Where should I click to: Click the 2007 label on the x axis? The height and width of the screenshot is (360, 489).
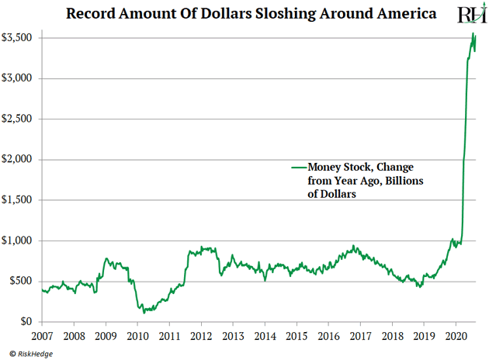coord(42,337)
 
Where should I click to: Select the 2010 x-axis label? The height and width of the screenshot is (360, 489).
coord(137,337)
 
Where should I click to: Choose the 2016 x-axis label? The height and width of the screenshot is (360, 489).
coord(328,337)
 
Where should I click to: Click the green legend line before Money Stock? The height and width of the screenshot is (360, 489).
coord(299,168)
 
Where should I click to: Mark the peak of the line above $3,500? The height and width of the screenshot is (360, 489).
coord(473,33)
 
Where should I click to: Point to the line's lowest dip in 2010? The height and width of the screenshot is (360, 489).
coord(144,312)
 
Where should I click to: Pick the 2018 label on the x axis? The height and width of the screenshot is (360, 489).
coord(392,337)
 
